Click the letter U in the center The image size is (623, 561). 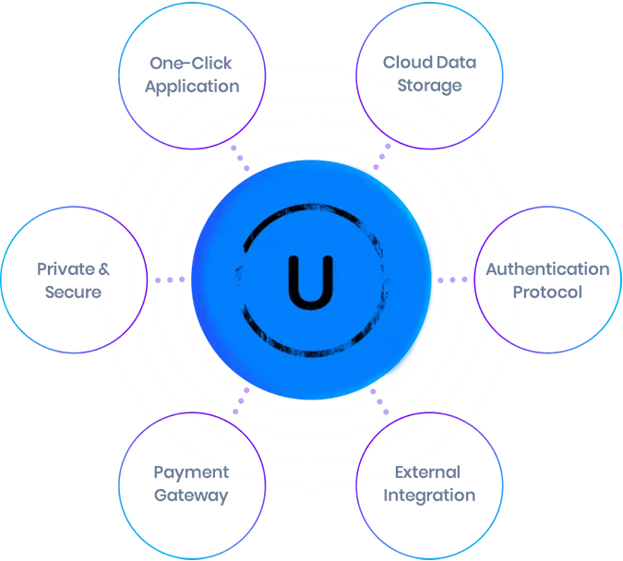click(311, 282)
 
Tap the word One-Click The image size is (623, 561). click(191, 63)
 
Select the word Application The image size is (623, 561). click(192, 87)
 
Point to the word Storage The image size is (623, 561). click(429, 86)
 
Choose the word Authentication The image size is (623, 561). click(547, 269)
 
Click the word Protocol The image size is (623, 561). click(547, 292)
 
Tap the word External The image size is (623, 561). click(427, 472)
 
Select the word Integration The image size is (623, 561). click(429, 495)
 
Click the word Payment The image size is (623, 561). click(191, 472)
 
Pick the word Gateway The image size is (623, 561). click(191, 495)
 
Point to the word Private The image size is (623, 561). click(66, 269)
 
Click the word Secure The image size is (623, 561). click(73, 292)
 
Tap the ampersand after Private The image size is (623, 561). click(103, 269)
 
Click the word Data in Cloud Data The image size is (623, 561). click(456, 63)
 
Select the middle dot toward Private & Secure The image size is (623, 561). click(170, 280)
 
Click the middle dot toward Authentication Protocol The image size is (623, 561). click(452, 280)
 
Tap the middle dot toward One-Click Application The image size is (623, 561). click(240, 158)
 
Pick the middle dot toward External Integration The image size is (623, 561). click(379, 401)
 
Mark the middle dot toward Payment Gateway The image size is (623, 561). click(241, 400)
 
